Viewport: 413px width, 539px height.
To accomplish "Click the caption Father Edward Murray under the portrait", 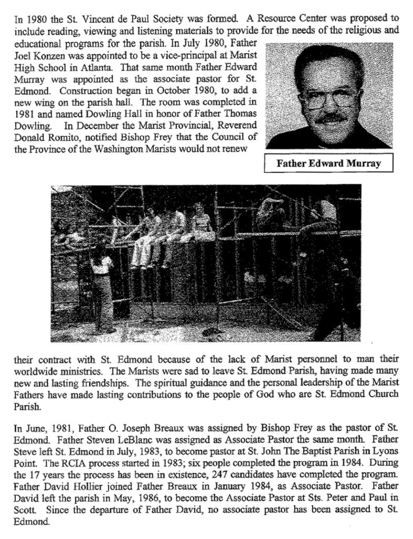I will (x=328, y=164).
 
